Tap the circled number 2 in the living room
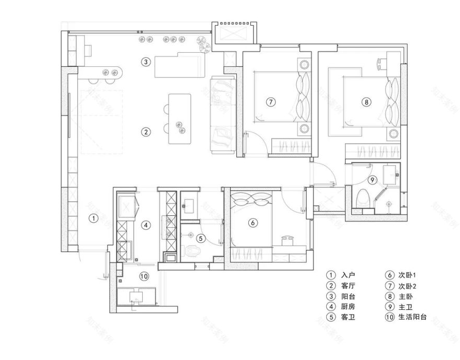147,132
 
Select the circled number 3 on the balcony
146,62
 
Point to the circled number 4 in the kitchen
146,226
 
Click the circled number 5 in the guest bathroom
201,239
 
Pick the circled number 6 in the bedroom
252,223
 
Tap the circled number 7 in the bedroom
270,102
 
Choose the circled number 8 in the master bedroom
367,102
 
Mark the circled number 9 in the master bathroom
372,180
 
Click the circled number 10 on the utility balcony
144,276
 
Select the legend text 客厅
348,286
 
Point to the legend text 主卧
406,296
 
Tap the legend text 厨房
348,307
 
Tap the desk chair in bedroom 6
287,240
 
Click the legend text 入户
348,275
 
